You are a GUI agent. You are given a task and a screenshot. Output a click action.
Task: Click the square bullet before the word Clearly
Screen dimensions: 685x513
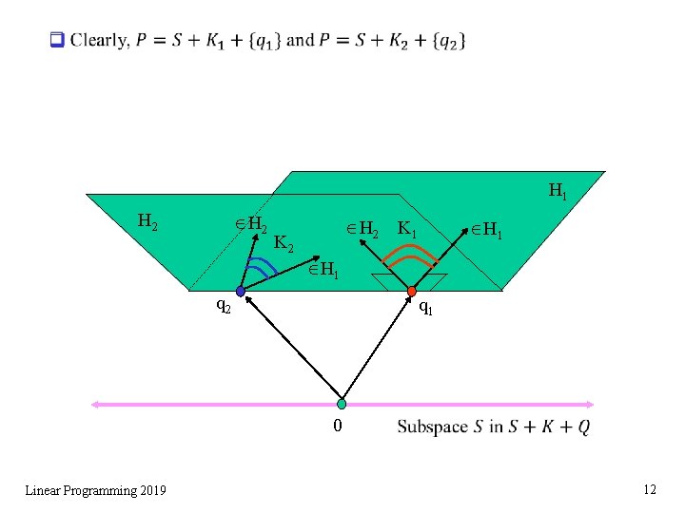point(56,40)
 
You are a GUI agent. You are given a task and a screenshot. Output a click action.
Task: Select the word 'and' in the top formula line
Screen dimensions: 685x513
point(300,40)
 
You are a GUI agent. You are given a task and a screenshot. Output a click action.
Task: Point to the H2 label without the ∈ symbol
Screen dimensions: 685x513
point(147,221)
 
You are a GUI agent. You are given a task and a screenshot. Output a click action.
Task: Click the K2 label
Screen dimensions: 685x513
point(284,244)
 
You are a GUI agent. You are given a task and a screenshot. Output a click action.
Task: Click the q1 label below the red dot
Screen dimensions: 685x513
point(427,308)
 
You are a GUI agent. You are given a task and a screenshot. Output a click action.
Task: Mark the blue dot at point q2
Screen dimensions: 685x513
point(241,292)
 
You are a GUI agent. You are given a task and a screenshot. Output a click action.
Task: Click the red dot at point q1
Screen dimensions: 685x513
point(412,292)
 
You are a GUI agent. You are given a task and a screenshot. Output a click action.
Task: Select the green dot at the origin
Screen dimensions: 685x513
point(342,404)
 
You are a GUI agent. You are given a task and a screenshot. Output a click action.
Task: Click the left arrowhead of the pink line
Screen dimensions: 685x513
point(95,404)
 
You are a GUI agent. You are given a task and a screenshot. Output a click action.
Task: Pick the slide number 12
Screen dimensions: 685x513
point(650,489)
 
